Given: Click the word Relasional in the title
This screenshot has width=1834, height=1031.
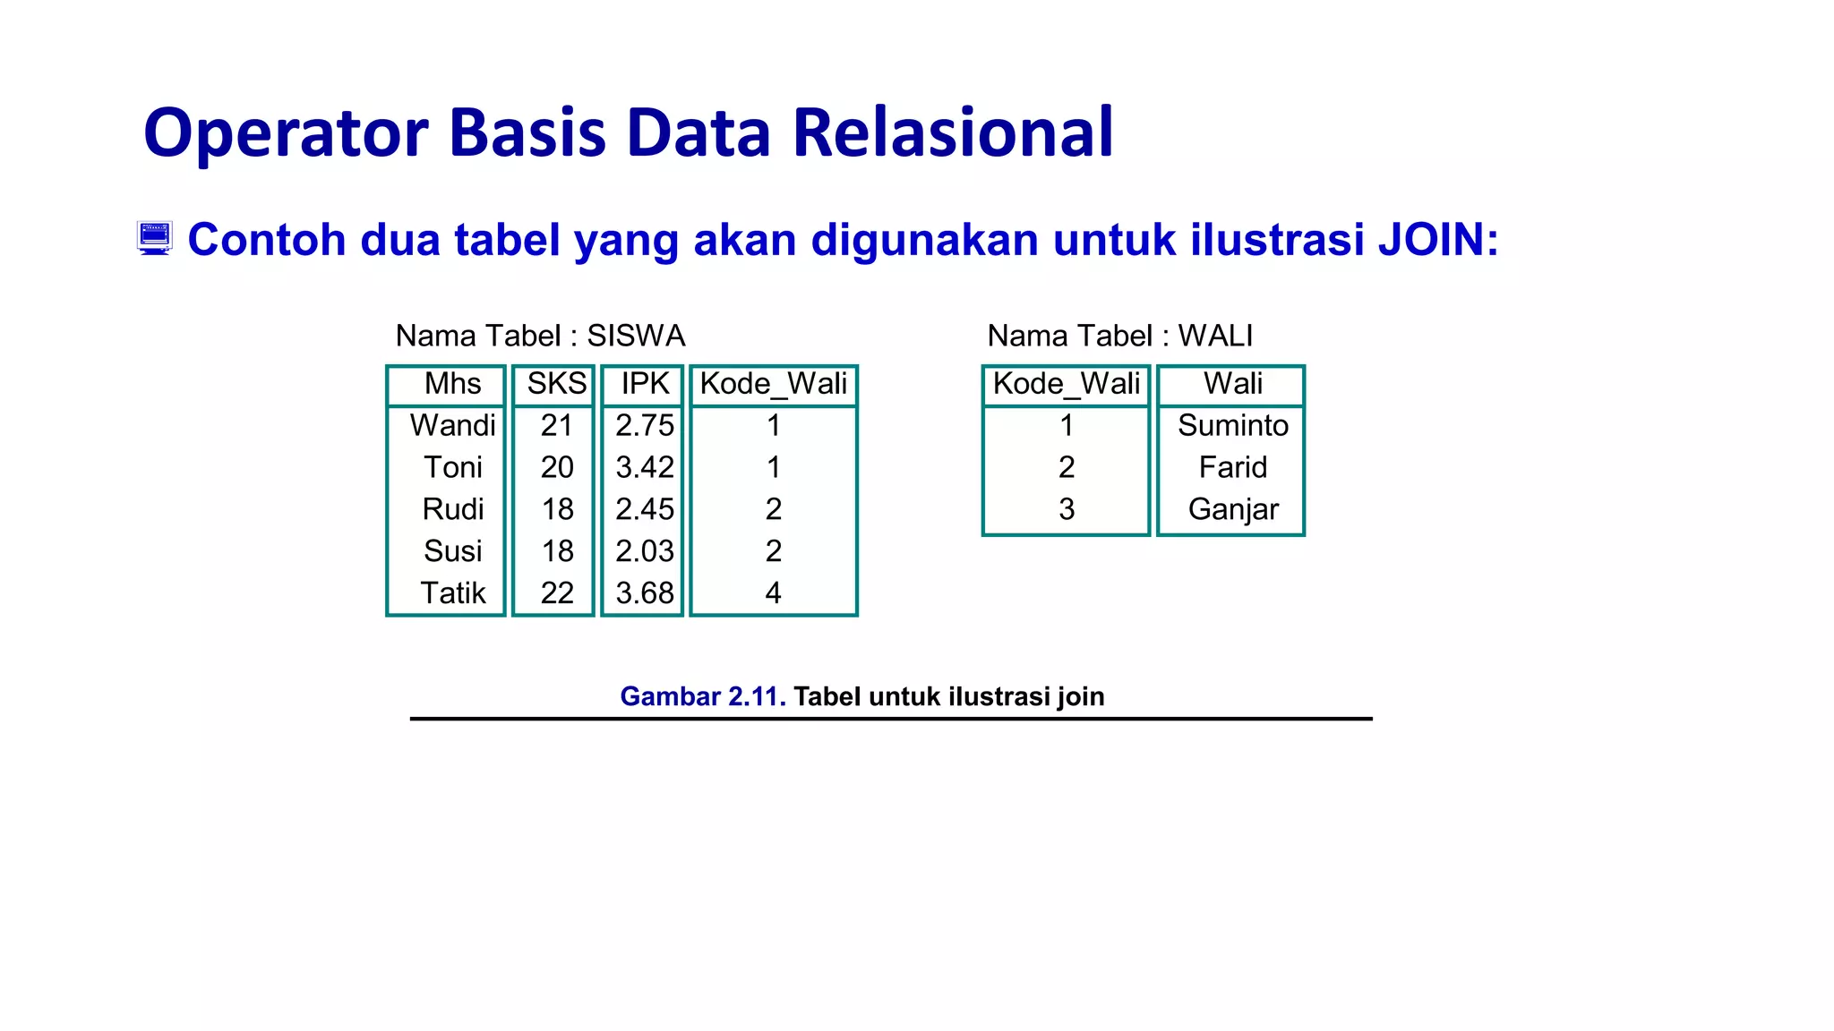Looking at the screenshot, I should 953,132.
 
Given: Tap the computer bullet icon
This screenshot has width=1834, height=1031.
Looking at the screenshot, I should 155,238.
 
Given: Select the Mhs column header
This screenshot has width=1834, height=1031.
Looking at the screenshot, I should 452,383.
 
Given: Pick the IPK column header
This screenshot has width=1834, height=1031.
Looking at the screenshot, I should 645,383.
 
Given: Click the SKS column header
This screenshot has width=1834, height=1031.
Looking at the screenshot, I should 556,383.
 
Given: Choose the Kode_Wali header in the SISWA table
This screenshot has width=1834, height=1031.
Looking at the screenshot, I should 773,383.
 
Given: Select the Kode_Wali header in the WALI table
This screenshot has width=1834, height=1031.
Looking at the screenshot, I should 1066,383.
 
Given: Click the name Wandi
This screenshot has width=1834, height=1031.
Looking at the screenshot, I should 452,425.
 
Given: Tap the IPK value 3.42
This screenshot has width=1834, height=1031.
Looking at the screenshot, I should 644,467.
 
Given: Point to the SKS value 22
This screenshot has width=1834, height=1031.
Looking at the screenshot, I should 556,592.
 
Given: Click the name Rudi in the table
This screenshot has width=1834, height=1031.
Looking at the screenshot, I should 452,509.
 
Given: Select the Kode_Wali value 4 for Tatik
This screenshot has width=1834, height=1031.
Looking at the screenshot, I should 773,592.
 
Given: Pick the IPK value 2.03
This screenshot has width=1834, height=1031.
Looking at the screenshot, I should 644,551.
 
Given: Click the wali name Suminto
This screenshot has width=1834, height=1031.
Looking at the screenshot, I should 1232,425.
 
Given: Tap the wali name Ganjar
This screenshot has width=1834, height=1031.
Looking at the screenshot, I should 1232,509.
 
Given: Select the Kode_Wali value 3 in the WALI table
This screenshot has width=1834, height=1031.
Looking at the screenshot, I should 1066,509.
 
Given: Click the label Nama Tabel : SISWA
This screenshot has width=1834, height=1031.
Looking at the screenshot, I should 540,336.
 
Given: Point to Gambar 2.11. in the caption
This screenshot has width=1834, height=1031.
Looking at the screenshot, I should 702,696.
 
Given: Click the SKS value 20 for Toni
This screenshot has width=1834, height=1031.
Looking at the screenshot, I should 556,467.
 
